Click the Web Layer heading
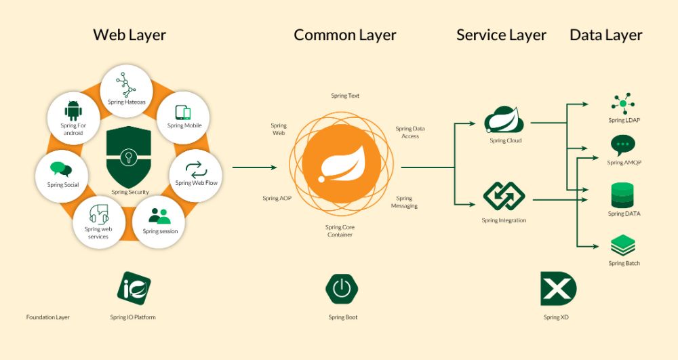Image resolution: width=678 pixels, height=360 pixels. (129, 35)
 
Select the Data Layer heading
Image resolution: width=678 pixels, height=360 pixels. (605, 35)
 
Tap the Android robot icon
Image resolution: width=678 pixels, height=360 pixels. (73, 110)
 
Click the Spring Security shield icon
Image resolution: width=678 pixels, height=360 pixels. (129, 157)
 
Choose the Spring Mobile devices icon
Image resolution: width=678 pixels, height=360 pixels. (184, 113)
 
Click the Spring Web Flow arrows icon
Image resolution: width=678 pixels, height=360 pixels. (193, 168)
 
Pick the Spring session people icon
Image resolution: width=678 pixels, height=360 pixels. (160, 216)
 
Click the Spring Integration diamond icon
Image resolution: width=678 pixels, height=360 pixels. (504, 197)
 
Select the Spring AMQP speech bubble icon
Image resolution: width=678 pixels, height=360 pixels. (623, 146)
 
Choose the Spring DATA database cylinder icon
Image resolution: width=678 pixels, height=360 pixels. (623, 195)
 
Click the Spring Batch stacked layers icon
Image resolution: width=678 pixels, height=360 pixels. (623, 245)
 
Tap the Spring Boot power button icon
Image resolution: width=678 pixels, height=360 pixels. (342, 289)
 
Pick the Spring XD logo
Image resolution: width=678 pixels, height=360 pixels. (558, 289)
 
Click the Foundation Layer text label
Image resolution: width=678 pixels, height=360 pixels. (47, 317)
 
